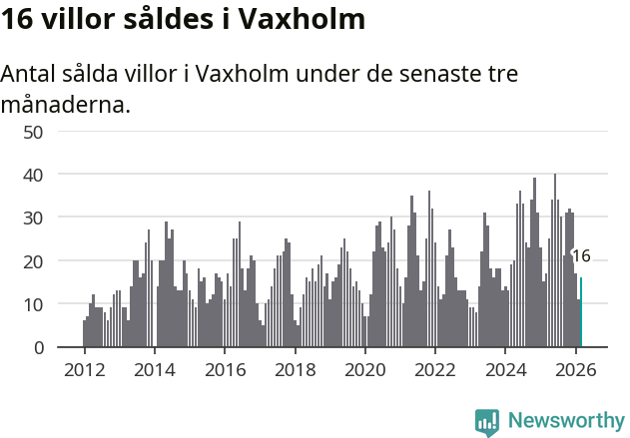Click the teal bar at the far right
[581, 312]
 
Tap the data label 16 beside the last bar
[581, 256]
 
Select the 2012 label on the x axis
[84, 369]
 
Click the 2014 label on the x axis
[154, 369]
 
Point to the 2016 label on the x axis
[225, 369]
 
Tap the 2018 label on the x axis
[295, 369]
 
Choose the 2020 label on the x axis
[364, 369]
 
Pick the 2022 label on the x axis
[435, 369]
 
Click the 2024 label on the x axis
[505, 369]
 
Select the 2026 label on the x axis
[575, 369]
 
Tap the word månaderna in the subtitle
[66, 104]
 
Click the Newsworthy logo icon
[487, 421]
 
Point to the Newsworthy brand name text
[565, 421]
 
